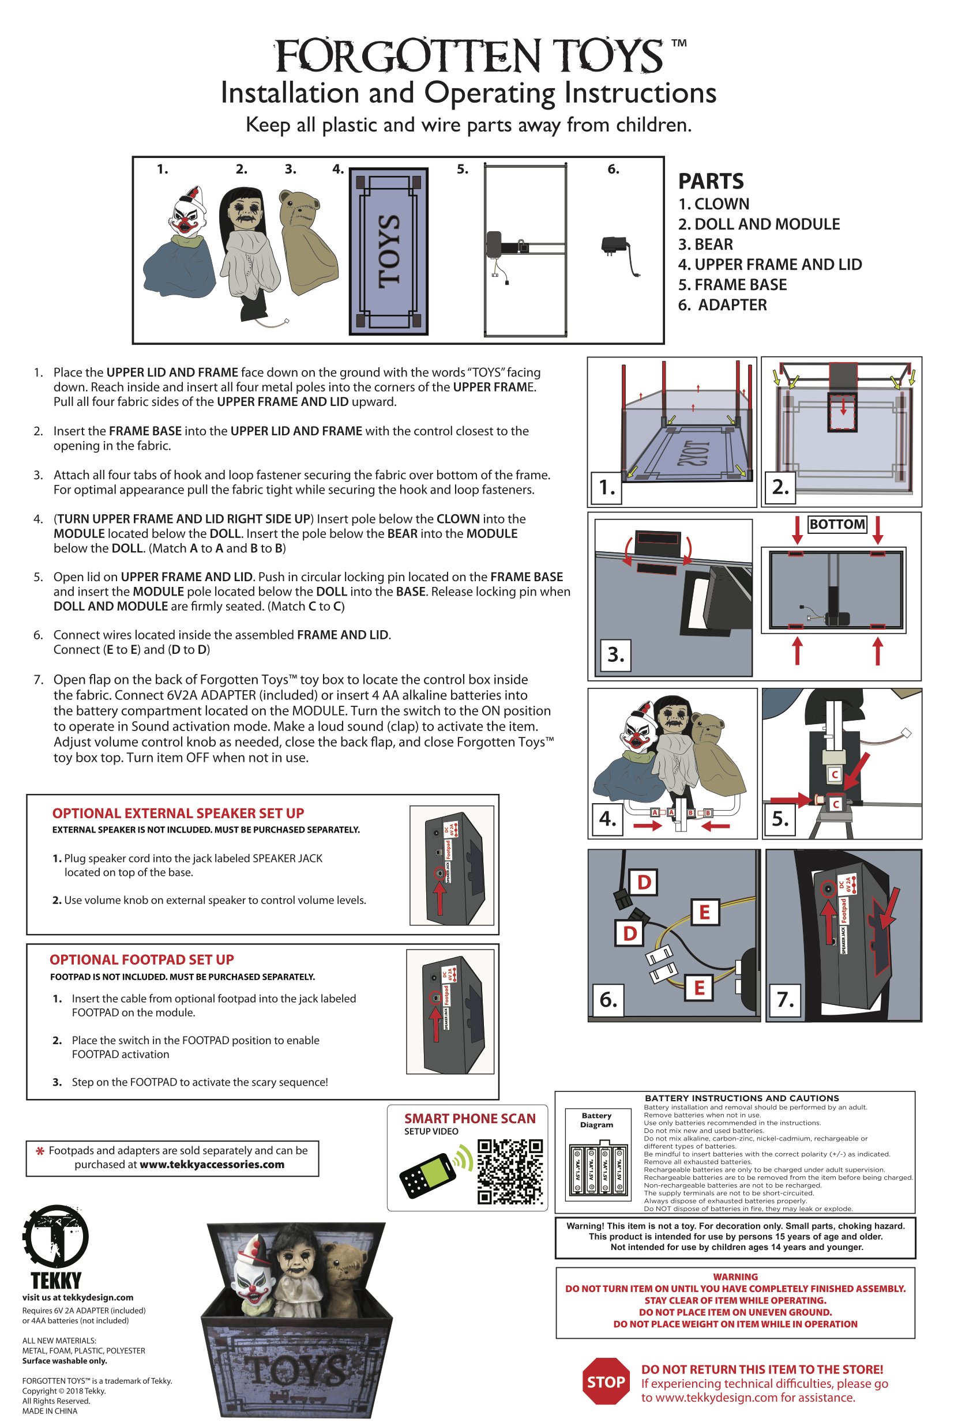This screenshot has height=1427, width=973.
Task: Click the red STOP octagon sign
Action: pos(606,1381)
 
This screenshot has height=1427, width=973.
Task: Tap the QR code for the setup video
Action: pos(510,1172)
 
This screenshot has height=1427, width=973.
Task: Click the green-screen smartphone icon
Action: pos(427,1175)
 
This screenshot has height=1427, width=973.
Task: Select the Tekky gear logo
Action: pos(55,1237)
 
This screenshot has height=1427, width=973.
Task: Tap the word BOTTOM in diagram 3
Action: pos(837,524)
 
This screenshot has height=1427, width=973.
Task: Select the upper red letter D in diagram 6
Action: pos(644,882)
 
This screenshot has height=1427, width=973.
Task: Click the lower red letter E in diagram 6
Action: pos(699,987)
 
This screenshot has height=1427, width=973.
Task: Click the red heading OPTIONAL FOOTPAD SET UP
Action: pos(142,960)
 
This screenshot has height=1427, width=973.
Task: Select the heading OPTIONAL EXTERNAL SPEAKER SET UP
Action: pos(178,813)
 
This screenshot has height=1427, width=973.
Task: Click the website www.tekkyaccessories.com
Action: pos(212,1164)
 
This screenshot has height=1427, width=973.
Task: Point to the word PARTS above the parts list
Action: pos(711,181)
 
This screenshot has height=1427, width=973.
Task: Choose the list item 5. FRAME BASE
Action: pos(732,284)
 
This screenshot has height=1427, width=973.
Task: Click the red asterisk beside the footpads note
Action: pos(40,1151)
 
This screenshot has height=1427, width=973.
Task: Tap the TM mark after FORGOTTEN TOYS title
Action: pos(679,43)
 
